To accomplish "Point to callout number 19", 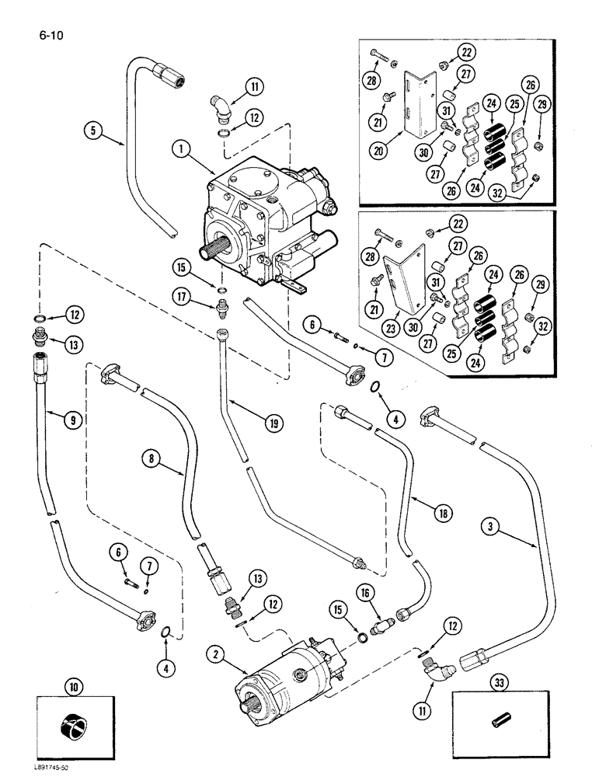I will [x=273, y=423].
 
